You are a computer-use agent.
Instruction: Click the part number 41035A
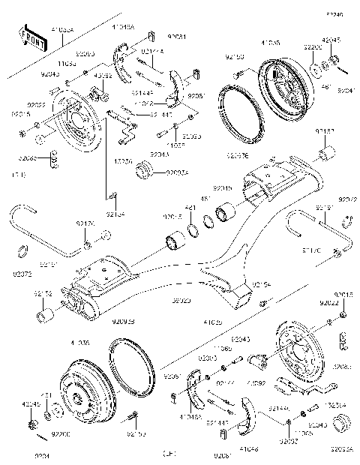click(62, 28)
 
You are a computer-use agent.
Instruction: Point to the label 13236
click(123, 161)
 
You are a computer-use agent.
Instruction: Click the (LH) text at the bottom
click(169, 454)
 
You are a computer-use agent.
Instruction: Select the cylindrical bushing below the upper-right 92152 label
click(326, 155)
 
